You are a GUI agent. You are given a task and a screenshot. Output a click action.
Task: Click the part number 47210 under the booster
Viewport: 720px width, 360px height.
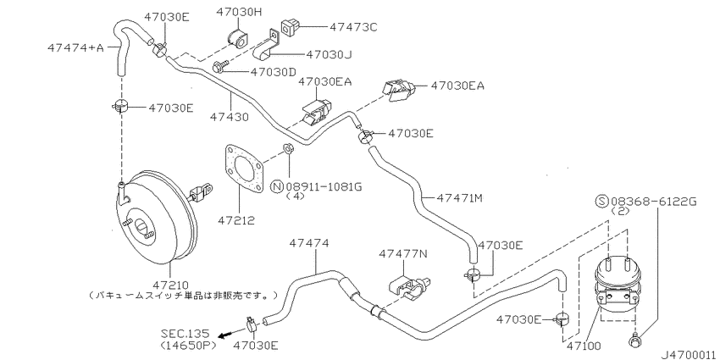170,285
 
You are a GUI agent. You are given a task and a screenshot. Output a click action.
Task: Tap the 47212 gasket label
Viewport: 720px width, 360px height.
236,220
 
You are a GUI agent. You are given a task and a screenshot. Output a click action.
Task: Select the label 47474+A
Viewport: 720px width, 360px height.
75,47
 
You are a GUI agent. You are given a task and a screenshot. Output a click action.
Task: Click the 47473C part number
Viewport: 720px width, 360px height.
352,28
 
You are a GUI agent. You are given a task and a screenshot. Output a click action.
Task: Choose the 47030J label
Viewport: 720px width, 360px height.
329,55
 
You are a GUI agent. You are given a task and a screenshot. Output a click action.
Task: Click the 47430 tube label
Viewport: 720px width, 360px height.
230,117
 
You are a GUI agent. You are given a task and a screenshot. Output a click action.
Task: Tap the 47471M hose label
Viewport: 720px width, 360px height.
459,198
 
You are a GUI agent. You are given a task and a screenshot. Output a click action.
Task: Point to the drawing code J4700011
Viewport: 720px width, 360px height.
690,354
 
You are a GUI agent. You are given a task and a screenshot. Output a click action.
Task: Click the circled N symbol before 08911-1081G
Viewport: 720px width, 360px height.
277,187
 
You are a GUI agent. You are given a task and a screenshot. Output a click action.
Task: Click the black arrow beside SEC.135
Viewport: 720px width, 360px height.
224,335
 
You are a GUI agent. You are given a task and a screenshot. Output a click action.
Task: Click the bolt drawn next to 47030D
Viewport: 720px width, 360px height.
220,67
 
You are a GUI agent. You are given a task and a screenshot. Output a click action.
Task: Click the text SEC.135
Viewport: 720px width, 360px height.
185,332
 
